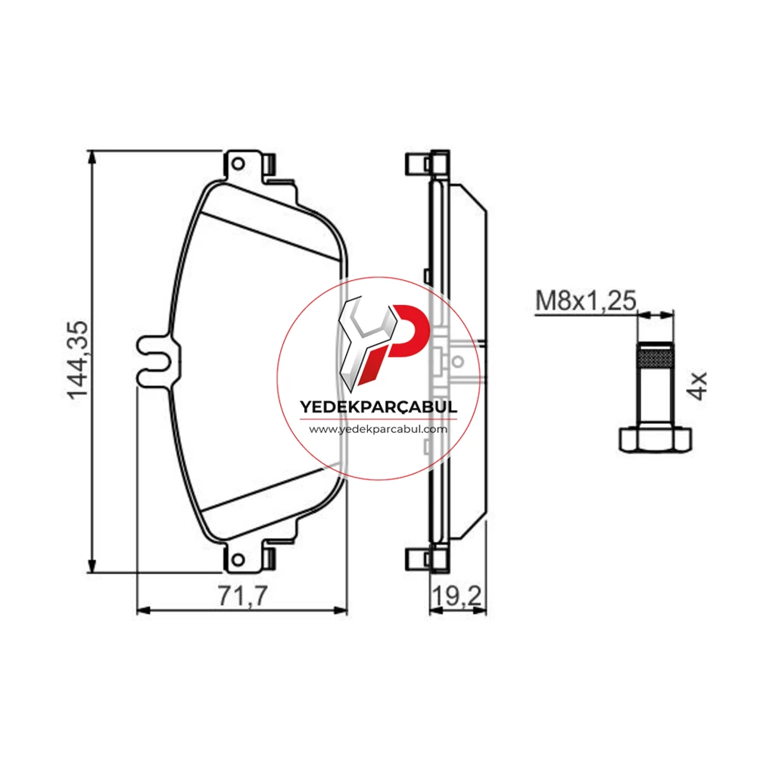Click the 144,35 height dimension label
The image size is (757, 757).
coord(77,360)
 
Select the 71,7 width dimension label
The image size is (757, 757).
coord(242,596)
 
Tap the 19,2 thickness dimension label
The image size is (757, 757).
coord(456,596)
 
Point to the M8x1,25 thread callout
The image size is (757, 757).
coord(586,301)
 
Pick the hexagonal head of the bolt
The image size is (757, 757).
coord(655,438)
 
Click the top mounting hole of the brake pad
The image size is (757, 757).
coord(238,164)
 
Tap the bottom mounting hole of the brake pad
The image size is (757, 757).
coord(238,560)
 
